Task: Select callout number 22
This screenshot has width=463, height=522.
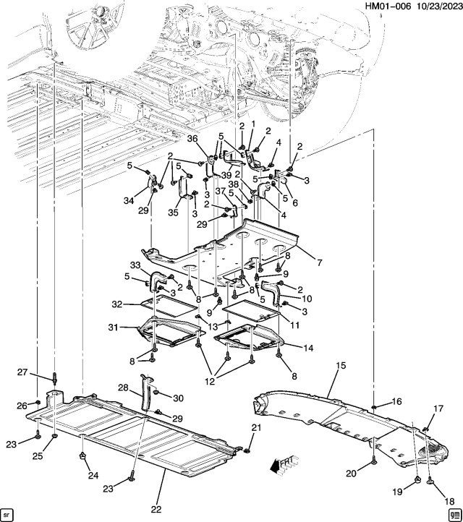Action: (x=156, y=510)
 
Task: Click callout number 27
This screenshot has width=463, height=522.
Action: (x=22, y=372)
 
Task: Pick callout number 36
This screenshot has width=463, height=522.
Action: (x=192, y=140)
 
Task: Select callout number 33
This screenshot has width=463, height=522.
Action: (x=135, y=266)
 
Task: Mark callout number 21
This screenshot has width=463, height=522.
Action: (x=255, y=429)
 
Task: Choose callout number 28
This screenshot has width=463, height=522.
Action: (x=124, y=388)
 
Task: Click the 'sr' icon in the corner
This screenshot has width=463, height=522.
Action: (x=7, y=514)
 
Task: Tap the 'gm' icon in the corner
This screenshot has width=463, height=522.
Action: (x=454, y=514)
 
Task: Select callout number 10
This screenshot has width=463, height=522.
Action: (x=306, y=299)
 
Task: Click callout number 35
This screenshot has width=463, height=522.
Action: (x=173, y=213)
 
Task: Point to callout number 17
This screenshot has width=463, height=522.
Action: (x=438, y=409)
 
